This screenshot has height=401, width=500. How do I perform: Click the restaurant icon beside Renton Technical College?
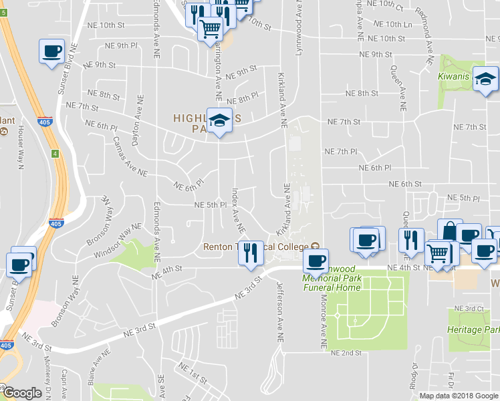(251, 253)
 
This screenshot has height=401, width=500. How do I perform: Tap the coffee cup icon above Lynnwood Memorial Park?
(316, 260)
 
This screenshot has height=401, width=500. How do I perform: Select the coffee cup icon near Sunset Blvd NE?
(51, 51)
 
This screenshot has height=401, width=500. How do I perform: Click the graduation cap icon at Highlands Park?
(219, 121)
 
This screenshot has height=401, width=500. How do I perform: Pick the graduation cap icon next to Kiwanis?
(485, 80)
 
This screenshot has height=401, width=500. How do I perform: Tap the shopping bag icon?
(450, 231)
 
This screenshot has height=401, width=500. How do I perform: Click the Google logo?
(22, 393)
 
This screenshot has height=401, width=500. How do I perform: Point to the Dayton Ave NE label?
(140, 110)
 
